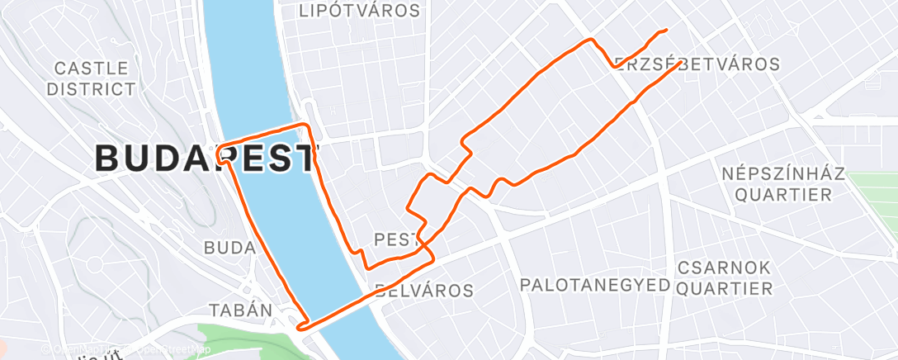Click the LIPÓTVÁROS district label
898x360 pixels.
point(359,11)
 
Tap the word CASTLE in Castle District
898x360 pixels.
point(91,68)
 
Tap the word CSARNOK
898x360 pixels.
point(724,268)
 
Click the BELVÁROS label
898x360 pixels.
point(424,291)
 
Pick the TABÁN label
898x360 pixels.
point(241,310)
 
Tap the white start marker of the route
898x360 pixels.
point(224,153)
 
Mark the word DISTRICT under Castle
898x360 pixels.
point(91,89)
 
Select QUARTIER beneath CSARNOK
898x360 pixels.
point(724,289)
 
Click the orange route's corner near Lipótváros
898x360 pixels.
point(309,126)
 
